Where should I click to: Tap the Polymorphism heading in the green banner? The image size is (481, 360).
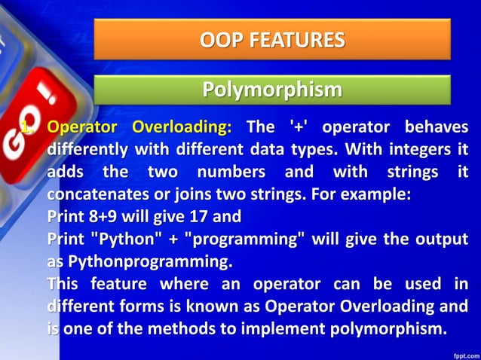point(272,90)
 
